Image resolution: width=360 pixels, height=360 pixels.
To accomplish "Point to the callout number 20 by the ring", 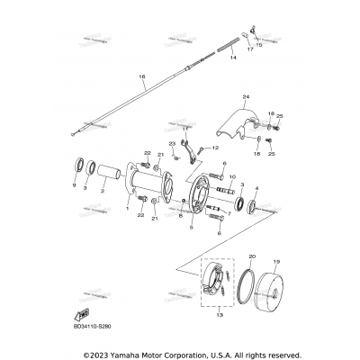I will click(x=252, y=256).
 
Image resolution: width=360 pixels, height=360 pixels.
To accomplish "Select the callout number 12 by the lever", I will click(x=216, y=147).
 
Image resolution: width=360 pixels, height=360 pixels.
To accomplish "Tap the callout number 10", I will click(x=233, y=177).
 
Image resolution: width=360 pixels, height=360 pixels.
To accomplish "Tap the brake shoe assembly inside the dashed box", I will click(x=216, y=286).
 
